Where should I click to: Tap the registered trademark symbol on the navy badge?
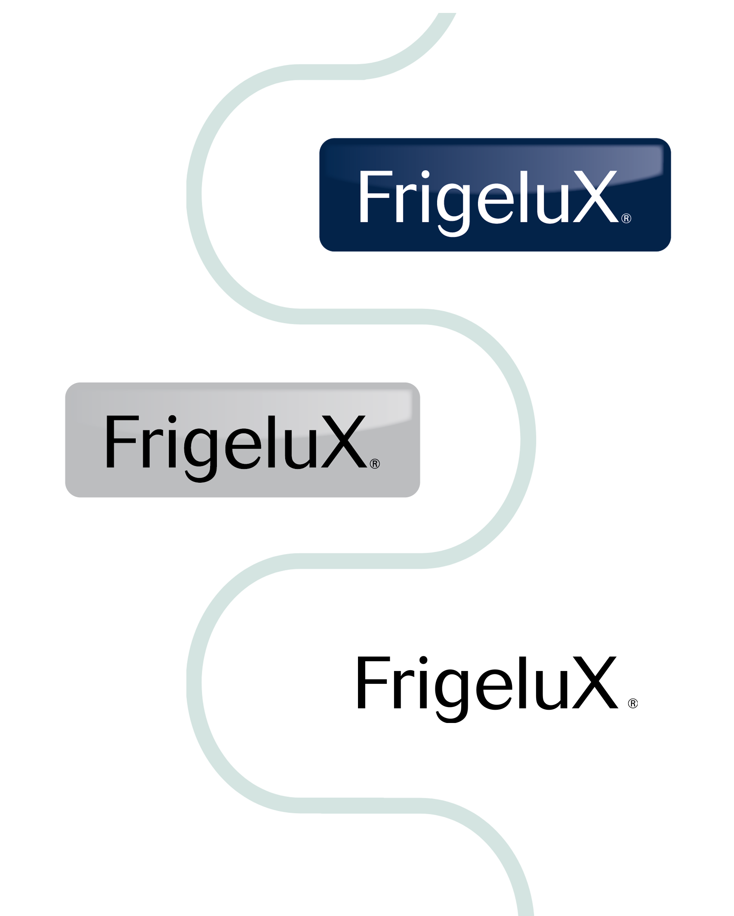click(x=626, y=218)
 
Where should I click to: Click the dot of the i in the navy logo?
click(x=426, y=175)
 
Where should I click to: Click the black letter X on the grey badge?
click(x=344, y=441)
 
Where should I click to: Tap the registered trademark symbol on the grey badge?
click(x=375, y=464)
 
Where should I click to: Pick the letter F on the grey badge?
click(x=123, y=441)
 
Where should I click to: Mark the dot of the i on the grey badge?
click(x=172, y=420)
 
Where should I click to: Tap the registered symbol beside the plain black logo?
click(x=633, y=703)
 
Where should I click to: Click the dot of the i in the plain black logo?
click(x=423, y=660)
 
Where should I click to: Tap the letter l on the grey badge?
click(x=271, y=441)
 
